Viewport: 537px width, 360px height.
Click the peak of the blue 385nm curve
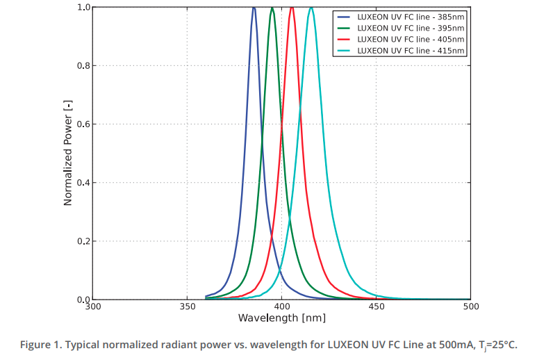[254, 8]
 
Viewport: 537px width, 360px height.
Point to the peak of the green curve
[272, 8]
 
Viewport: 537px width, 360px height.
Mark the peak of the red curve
[292, 8]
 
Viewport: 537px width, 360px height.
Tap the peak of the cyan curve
[311, 8]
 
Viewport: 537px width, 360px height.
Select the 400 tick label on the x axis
[281, 306]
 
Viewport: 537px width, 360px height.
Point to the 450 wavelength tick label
[376, 306]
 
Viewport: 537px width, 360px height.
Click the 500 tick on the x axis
[470, 306]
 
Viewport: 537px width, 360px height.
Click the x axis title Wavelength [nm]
[281, 318]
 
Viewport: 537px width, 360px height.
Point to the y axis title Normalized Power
[68, 153]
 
